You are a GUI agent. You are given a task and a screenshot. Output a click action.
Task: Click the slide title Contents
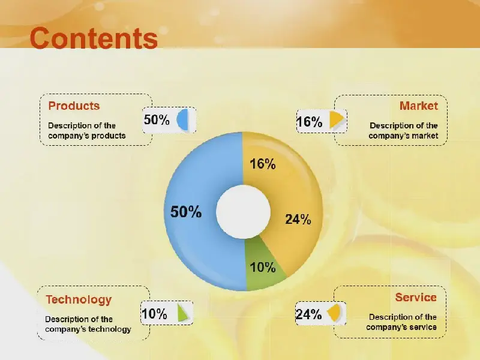(x=94, y=38)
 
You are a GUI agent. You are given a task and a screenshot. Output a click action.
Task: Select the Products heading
(x=74, y=106)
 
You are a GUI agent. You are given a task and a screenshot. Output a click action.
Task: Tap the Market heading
(x=418, y=106)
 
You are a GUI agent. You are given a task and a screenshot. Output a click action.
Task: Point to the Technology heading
(x=79, y=299)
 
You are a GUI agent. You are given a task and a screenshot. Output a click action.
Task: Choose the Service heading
(x=416, y=297)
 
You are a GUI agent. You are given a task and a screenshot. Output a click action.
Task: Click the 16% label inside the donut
(x=263, y=164)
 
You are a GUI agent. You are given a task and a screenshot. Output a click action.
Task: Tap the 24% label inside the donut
(x=298, y=219)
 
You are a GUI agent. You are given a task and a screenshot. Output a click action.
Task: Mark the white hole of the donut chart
(x=244, y=212)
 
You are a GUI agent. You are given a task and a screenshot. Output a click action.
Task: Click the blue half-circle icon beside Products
(x=182, y=119)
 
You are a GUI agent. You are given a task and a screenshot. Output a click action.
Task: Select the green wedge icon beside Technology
(x=184, y=313)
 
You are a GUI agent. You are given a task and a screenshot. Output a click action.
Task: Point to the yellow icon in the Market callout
(x=337, y=119)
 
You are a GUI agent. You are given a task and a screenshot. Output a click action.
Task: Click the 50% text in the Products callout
(x=157, y=119)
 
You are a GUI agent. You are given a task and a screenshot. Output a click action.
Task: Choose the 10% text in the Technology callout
(x=154, y=314)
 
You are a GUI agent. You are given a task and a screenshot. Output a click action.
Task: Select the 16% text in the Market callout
(x=310, y=122)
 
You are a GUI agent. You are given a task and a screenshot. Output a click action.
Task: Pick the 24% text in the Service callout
(x=308, y=314)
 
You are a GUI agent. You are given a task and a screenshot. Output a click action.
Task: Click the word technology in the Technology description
(x=109, y=329)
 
